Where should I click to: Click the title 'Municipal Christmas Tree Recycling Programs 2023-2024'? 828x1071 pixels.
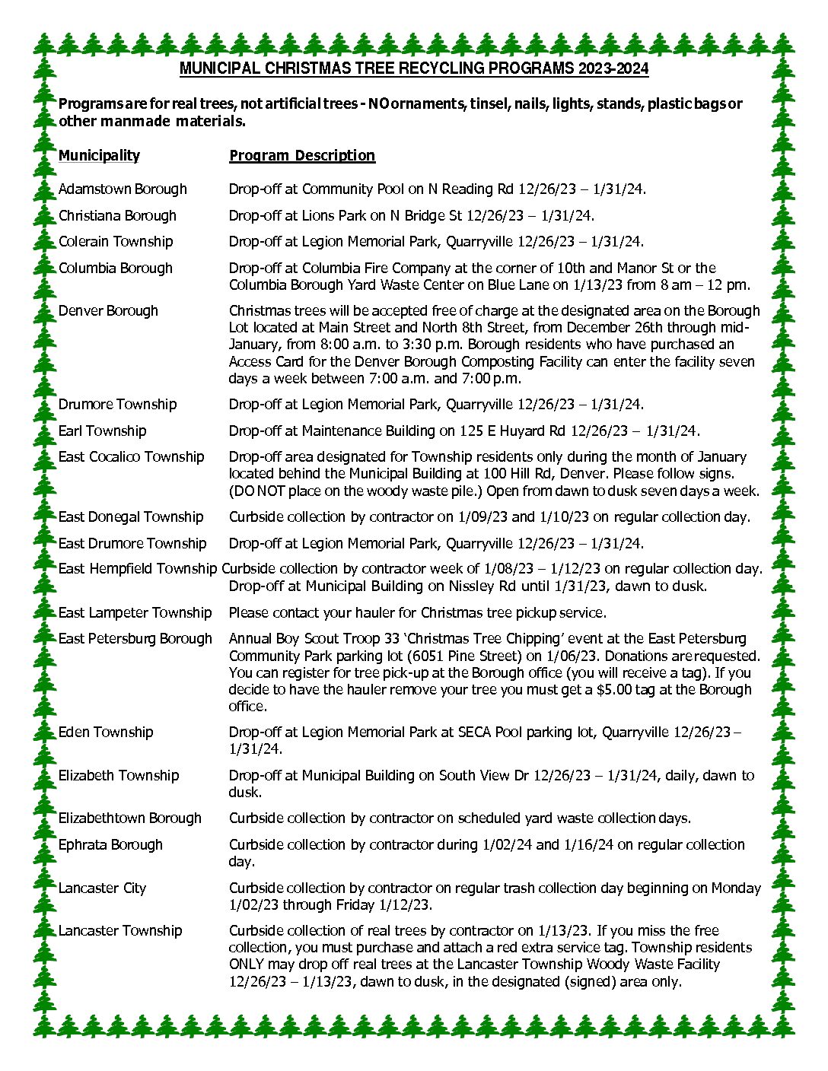coord(414,68)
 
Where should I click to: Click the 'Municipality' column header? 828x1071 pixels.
coord(99,155)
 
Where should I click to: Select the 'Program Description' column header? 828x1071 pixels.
coord(302,155)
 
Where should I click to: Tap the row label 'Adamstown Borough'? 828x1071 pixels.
coord(123,189)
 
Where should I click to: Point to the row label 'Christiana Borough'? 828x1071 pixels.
coord(117,215)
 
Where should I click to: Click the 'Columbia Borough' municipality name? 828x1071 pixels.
coord(116,268)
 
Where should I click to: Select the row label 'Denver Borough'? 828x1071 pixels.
coord(108,310)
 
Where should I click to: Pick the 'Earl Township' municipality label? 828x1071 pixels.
coord(102,431)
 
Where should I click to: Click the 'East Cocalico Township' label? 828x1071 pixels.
coord(131,456)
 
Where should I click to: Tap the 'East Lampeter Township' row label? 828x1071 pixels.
coord(135,612)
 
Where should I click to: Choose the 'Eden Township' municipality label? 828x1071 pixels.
coord(106,732)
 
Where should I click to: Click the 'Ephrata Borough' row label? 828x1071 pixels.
coord(110,844)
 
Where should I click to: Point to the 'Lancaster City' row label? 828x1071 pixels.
coord(102,888)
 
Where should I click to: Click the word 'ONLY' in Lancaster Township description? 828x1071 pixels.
coord(247,964)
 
